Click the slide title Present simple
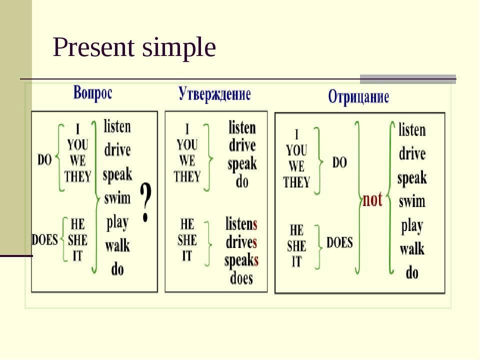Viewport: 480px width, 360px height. click(134, 48)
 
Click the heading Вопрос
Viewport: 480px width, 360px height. click(93, 92)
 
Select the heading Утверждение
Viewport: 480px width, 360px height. click(214, 93)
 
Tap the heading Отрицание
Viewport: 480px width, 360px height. click(358, 96)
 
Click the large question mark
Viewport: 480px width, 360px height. click(145, 202)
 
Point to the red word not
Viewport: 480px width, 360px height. click(372, 199)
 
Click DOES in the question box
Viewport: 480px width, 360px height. click(44, 239)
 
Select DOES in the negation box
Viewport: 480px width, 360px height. click(339, 242)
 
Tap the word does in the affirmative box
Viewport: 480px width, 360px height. click(241, 278)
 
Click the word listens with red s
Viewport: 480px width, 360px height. click(241, 224)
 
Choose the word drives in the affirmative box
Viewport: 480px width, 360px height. click(241, 242)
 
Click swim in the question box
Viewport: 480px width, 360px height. click(117, 198)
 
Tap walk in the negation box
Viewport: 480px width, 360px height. click(412, 248)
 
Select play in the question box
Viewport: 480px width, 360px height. click(117, 223)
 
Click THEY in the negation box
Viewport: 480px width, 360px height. click(296, 182)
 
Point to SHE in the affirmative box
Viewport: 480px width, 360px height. click(187, 240)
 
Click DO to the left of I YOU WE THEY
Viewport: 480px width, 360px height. click(44, 160)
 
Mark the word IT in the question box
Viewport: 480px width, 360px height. click(77, 255)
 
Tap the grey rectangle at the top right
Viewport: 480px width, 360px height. click(408, 79)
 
